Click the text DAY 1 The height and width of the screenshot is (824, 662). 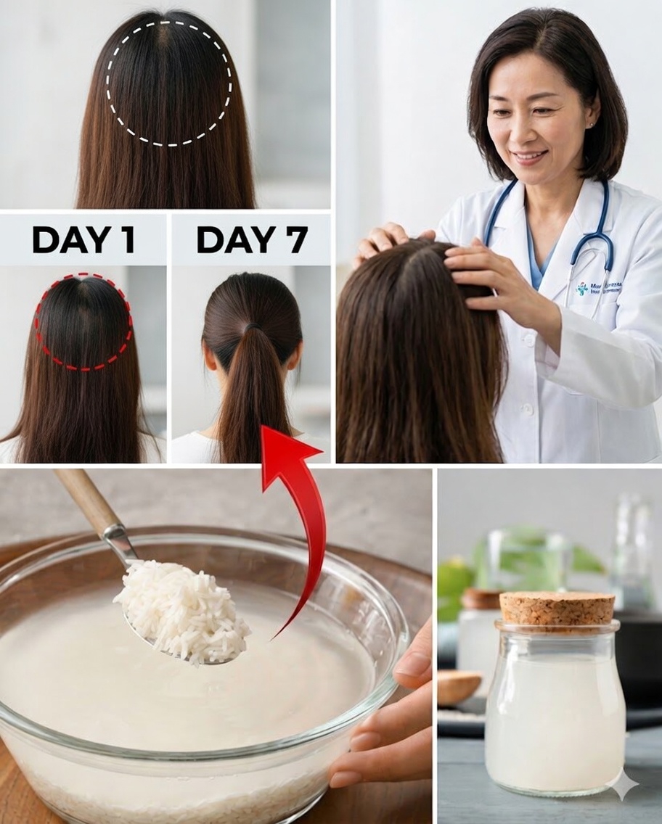[x=83, y=239]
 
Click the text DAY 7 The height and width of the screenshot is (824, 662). [x=252, y=239]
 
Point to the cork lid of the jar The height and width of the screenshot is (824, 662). [x=557, y=608]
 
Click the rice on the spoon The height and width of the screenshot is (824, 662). [x=181, y=609]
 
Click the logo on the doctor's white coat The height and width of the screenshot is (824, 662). [x=583, y=289]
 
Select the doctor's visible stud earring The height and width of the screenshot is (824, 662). [x=594, y=125]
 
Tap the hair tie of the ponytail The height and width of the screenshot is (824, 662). [x=250, y=328]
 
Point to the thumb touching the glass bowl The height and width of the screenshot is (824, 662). [x=412, y=664]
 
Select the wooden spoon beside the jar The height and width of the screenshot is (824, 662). [x=458, y=685]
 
